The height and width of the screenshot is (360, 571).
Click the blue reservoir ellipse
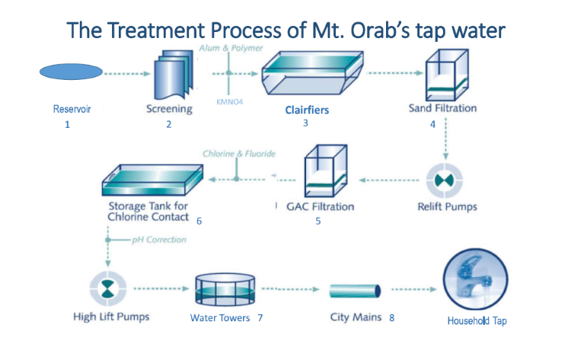click(x=71, y=72)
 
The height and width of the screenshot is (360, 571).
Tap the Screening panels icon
click(x=174, y=75)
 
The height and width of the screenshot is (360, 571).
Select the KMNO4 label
click(x=229, y=102)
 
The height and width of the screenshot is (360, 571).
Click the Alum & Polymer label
click(x=231, y=48)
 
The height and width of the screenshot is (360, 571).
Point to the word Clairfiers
click(x=307, y=110)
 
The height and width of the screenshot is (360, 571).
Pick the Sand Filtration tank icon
click(x=447, y=75)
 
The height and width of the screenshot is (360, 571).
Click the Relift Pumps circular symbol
click(x=445, y=180)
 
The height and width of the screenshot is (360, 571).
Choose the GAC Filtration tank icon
click(x=326, y=170)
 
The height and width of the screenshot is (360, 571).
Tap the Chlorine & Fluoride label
click(x=239, y=154)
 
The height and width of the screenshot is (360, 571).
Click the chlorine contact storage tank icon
click(x=152, y=180)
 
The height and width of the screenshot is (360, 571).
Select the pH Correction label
click(x=159, y=240)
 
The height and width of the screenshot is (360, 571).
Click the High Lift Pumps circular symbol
click(x=108, y=289)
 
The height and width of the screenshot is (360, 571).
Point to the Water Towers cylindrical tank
click(x=225, y=290)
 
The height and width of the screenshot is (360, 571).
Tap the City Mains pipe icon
click(x=355, y=291)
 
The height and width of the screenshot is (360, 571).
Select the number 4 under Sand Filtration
click(x=432, y=125)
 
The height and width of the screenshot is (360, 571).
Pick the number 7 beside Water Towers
click(x=260, y=318)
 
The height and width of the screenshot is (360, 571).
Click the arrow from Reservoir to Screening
click(x=127, y=74)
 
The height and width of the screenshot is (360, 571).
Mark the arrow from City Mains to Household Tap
click(x=414, y=289)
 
